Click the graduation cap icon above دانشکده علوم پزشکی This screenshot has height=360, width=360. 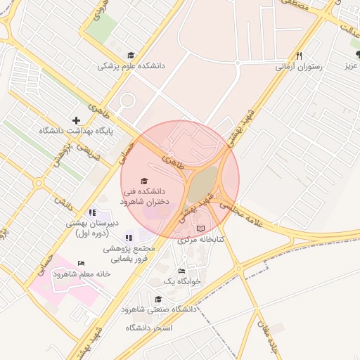point(131,55)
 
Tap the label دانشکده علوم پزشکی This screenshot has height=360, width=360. point(131,66)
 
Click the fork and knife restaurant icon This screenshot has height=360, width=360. point(299,56)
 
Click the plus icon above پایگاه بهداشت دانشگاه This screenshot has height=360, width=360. point(76,120)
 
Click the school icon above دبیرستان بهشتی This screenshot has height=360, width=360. point(91,212)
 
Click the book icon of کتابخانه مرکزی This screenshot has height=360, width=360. point(200,229)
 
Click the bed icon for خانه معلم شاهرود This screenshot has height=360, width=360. point(81,263)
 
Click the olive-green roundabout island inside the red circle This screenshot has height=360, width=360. point(202,184)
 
